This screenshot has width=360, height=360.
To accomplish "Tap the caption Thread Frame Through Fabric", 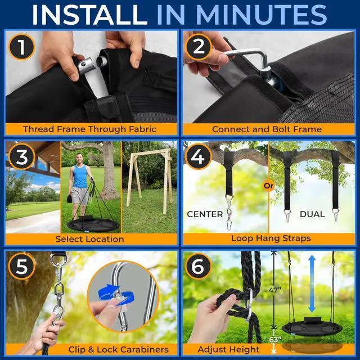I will [x=89, y=129].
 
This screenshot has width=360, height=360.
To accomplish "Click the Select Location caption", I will [x=89, y=238].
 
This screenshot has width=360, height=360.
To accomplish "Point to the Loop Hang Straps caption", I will [x=271, y=238].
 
